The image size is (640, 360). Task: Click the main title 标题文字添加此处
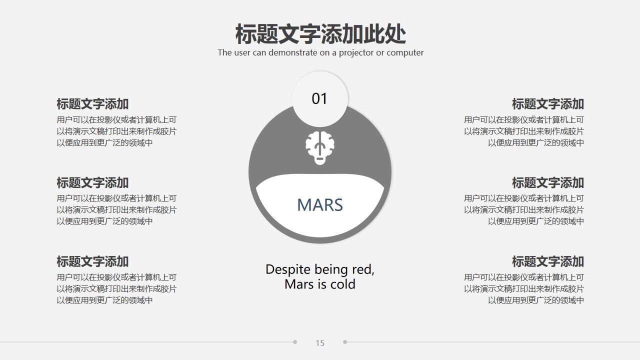(x=320, y=34)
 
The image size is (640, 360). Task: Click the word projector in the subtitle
(x=356, y=52)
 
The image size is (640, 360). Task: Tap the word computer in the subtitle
(x=405, y=52)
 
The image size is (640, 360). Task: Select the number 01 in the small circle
(x=319, y=98)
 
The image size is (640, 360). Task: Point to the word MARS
(x=320, y=205)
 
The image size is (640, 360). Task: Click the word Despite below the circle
(x=288, y=269)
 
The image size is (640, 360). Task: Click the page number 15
(x=320, y=343)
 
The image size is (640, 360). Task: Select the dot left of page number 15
(x=295, y=342)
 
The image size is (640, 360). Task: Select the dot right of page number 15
(x=345, y=342)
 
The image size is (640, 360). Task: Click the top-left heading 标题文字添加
(x=92, y=104)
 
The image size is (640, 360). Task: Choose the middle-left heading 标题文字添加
(x=92, y=183)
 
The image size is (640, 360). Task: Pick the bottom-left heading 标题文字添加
(x=92, y=261)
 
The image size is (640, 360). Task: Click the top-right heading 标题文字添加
(x=547, y=104)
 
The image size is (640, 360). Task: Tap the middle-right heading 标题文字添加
(x=547, y=183)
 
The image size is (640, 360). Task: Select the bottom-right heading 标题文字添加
(x=547, y=261)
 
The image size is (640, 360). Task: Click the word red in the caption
(x=363, y=269)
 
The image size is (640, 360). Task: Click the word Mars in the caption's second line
(x=299, y=284)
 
